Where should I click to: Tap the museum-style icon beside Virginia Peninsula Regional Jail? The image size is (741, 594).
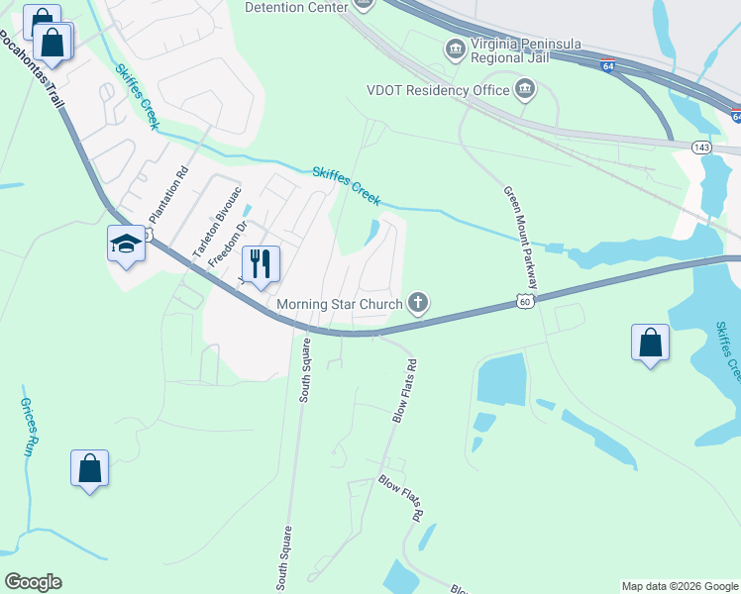click(455, 48)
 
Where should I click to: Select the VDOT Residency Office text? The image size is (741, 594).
click(436, 91)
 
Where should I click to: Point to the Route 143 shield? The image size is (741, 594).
click(701, 147)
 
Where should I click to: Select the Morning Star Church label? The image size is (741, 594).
click(339, 304)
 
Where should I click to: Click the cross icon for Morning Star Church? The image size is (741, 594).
click(419, 303)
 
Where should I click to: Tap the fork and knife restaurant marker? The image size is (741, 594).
click(261, 264)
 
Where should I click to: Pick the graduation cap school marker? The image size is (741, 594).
click(127, 244)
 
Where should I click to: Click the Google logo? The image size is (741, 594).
click(33, 582)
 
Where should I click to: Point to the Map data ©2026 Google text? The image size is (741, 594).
click(680, 586)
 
